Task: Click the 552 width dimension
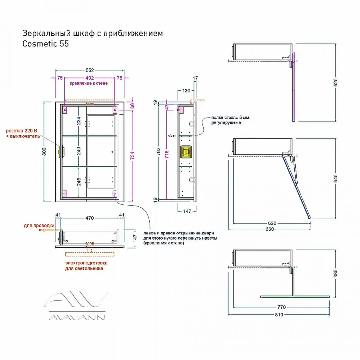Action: pos(90,70)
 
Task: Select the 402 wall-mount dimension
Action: pos(90,78)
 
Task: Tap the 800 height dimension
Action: pos(44,152)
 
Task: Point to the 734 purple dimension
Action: pos(132,156)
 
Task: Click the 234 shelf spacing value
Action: pos(79,121)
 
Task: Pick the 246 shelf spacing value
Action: pos(79,182)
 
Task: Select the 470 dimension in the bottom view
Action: pos(90,218)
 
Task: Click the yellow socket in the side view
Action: pos(186,152)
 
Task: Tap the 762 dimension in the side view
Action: pos(158,152)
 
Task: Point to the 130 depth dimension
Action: pos(186,91)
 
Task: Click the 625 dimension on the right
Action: pos(336,82)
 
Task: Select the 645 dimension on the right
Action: pos(336,178)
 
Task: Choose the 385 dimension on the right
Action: pos(336,274)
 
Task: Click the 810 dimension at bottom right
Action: pos(279,315)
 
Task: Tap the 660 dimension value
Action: pos(270,229)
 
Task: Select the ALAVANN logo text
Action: pos(77,318)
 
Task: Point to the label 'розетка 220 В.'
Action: pos(22,131)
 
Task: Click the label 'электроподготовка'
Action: pos(86,263)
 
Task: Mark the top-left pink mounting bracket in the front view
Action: pos(65,110)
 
